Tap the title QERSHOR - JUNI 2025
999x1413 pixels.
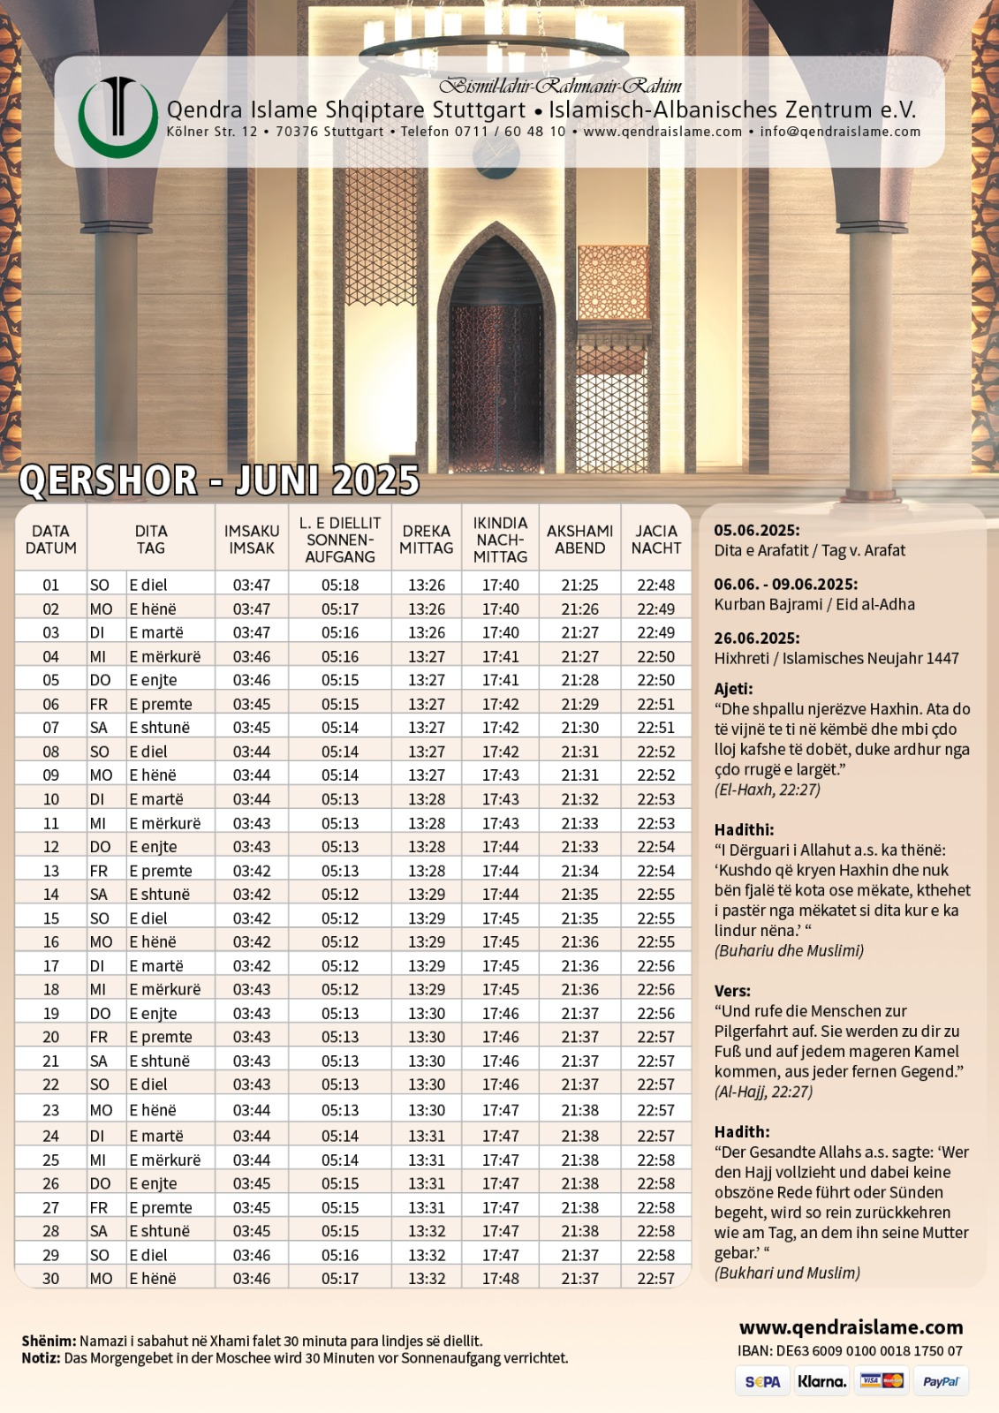pyautogui.click(x=218, y=480)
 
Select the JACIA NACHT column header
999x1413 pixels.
pyautogui.click(x=655, y=539)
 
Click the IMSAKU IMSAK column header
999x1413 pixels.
pyautogui.click(x=252, y=539)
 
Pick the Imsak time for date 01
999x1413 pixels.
pyautogui.click(x=252, y=585)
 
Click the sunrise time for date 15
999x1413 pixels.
pyautogui.click(x=340, y=918)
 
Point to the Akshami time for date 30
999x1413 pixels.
pyautogui.click(x=579, y=1278)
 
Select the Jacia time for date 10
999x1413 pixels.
pyautogui.click(x=655, y=799)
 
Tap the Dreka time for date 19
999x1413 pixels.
pyautogui.click(x=427, y=1013)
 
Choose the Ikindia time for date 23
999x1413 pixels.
pyautogui.click(x=501, y=1110)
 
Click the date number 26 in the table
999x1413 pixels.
pyautogui.click(x=51, y=1183)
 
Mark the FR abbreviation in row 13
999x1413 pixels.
pyautogui.click(x=99, y=871)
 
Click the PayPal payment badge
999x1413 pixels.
pyautogui.click(x=940, y=1381)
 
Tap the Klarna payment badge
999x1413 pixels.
pyautogui.click(x=821, y=1381)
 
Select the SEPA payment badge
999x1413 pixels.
pyautogui.click(x=762, y=1381)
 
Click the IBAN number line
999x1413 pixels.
pyautogui.click(x=850, y=1350)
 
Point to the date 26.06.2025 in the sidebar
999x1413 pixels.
pyautogui.click(x=757, y=638)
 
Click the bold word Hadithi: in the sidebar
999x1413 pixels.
pyautogui.click(x=744, y=829)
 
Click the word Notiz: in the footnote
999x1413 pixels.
pyautogui.click(x=41, y=1358)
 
